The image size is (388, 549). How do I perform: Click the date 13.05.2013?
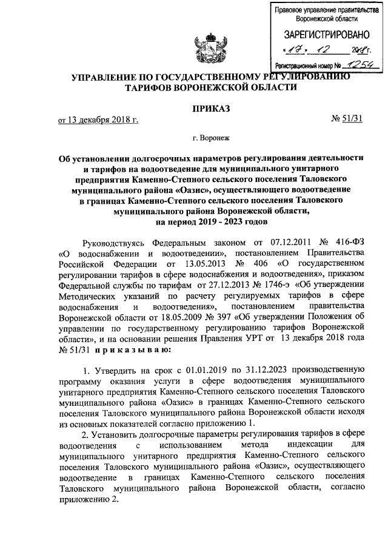point(192,264)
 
